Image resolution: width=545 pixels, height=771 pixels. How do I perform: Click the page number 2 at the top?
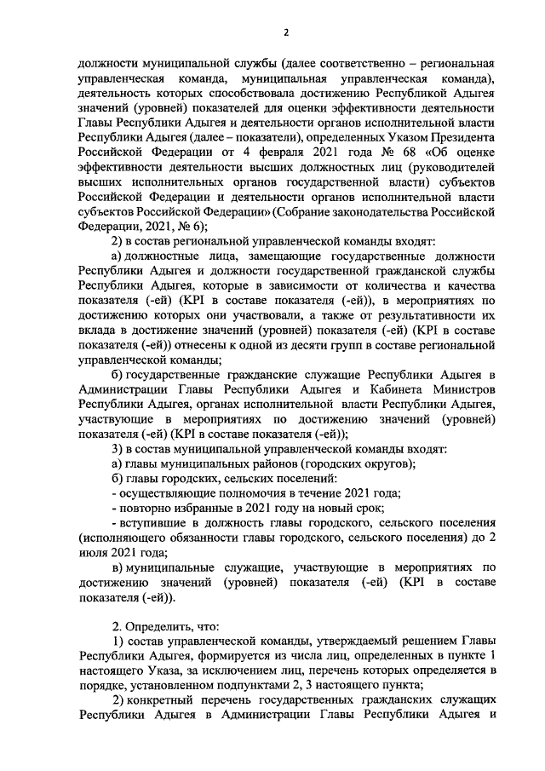pos(286,32)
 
